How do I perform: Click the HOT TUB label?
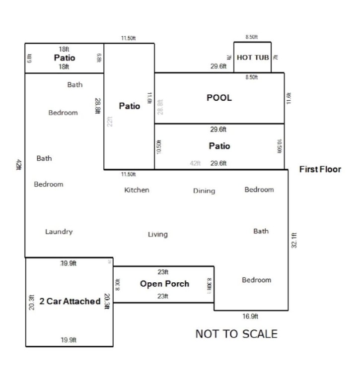pyautogui.click(x=253, y=58)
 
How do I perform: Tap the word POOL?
pyautogui.click(x=219, y=98)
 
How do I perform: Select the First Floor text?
pyautogui.click(x=320, y=170)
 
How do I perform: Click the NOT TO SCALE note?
pyautogui.click(x=236, y=334)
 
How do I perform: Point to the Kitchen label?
pyautogui.click(x=137, y=190)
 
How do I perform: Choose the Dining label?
pyautogui.click(x=204, y=191)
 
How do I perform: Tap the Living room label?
pyautogui.click(x=157, y=234)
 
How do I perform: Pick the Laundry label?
pyautogui.click(x=59, y=232)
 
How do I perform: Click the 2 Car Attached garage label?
pyautogui.click(x=70, y=301)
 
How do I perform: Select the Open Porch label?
pyautogui.click(x=164, y=284)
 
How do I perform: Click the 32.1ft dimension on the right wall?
pyautogui.click(x=294, y=240)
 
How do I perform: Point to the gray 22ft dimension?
pyautogui.click(x=110, y=121)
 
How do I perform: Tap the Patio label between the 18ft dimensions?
pyautogui.click(x=64, y=58)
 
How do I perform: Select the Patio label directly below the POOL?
pyautogui.click(x=219, y=146)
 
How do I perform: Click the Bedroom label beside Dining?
pyautogui.click(x=259, y=190)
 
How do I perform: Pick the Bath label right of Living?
pyautogui.click(x=261, y=231)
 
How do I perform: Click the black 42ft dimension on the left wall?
pyautogui.click(x=18, y=165)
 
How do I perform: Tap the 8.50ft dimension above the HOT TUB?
pyautogui.click(x=252, y=37)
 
